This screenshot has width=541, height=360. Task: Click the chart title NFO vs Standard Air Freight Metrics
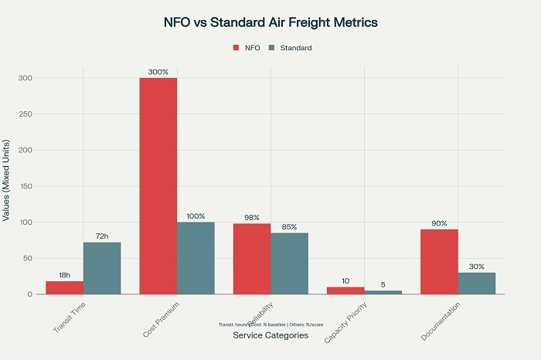(270, 22)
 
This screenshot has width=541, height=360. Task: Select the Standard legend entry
(291, 48)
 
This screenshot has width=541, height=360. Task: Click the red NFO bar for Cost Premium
(158, 185)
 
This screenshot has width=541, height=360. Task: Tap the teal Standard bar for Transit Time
(102, 268)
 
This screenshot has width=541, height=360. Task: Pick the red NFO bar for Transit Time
(64, 287)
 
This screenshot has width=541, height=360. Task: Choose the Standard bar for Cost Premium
(196, 258)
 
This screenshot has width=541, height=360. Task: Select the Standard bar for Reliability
(290, 263)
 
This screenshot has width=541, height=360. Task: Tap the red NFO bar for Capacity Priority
(345, 290)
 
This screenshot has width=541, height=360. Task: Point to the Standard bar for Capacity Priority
(383, 292)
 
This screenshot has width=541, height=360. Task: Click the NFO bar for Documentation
(439, 262)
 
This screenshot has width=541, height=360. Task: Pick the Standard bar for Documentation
(477, 284)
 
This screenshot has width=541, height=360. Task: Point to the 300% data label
(158, 72)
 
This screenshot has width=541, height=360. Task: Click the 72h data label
(102, 236)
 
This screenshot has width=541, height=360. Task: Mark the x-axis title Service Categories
(270, 335)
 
